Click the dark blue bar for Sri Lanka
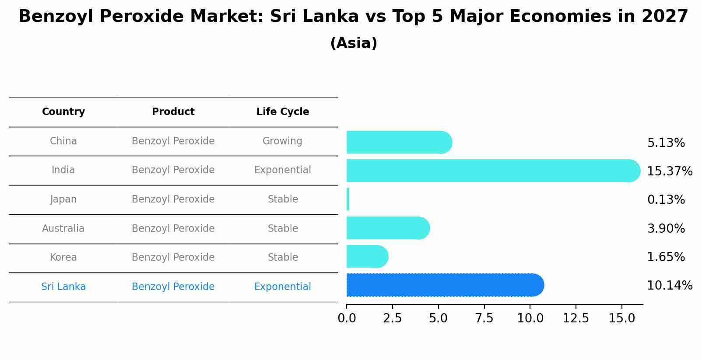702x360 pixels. click(x=444, y=285)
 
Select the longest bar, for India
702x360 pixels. click(x=492, y=171)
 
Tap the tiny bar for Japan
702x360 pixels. click(x=348, y=199)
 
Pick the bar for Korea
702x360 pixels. click(x=367, y=257)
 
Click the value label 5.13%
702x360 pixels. click(x=666, y=143)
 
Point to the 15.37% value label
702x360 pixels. click(x=669, y=171)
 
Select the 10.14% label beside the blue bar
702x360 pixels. click(x=669, y=286)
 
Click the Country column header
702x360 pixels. click(x=63, y=112)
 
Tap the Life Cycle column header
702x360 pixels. click(x=283, y=112)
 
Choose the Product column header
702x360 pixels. click(x=173, y=112)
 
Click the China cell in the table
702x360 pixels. click(x=63, y=141)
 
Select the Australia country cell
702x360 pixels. click(x=63, y=229)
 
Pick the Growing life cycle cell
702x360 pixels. click(x=282, y=141)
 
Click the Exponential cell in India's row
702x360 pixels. click(x=282, y=170)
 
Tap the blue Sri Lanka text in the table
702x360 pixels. click(x=63, y=287)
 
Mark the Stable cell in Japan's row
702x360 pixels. click(x=283, y=199)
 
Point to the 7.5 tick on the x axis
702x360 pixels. click(x=484, y=318)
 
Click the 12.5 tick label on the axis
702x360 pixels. click(x=576, y=318)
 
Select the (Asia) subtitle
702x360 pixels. click(x=354, y=43)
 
